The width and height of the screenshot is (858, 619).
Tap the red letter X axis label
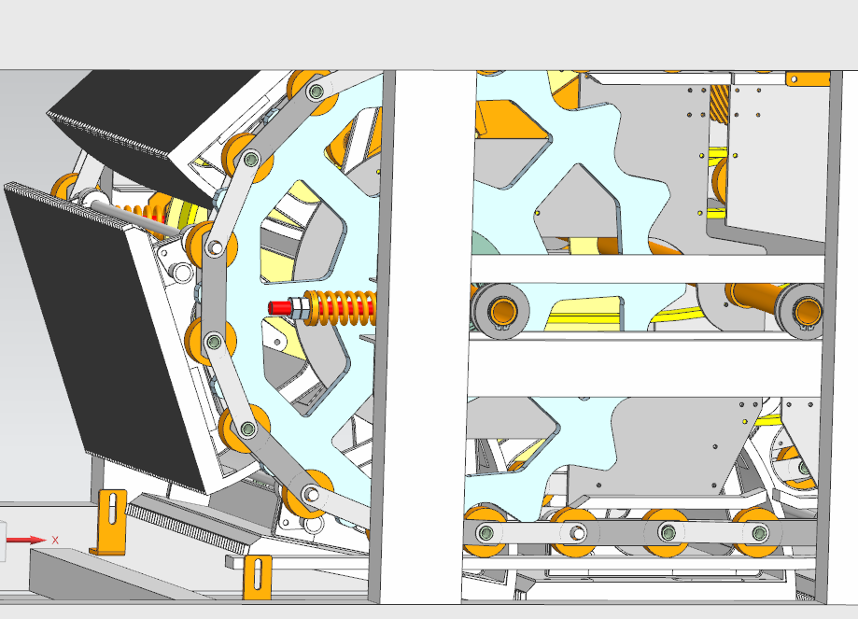(x=55, y=541)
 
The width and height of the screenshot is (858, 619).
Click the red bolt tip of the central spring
(x=278, y=307)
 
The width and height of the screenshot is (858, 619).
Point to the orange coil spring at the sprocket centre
(x=339, y=307)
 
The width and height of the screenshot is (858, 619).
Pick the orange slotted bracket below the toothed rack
(x=257, y=577)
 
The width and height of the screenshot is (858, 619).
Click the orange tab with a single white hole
(x=808, y=78)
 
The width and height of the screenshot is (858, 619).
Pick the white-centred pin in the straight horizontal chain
(x=577, y=532)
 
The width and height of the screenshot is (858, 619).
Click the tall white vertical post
(x=428, y=337)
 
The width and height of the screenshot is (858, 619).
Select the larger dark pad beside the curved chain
(x=104, y=334)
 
